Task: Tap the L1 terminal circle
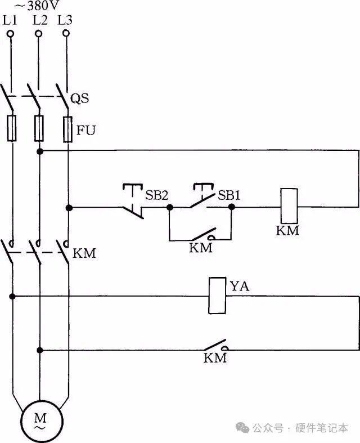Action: pos(11,34)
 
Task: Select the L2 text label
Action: pos(39,20)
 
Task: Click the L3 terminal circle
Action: pos(66,34)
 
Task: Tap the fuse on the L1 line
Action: pos(11,128)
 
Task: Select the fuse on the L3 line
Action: pos(67,128)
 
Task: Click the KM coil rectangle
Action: pos(288,207)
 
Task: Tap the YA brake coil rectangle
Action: pos(217,296)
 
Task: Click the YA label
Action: pos(240,287)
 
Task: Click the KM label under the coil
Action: pos(288,231)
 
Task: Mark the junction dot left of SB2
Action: pos(69,208)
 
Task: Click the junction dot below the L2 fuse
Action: pos(40,151)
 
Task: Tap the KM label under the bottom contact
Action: pos(215,358)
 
